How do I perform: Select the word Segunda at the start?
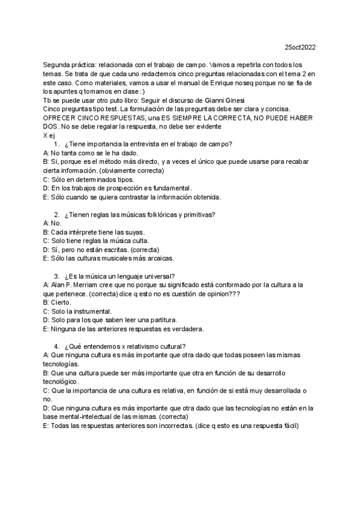tap(57, 64)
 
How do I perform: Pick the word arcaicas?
tap(157, 258)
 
